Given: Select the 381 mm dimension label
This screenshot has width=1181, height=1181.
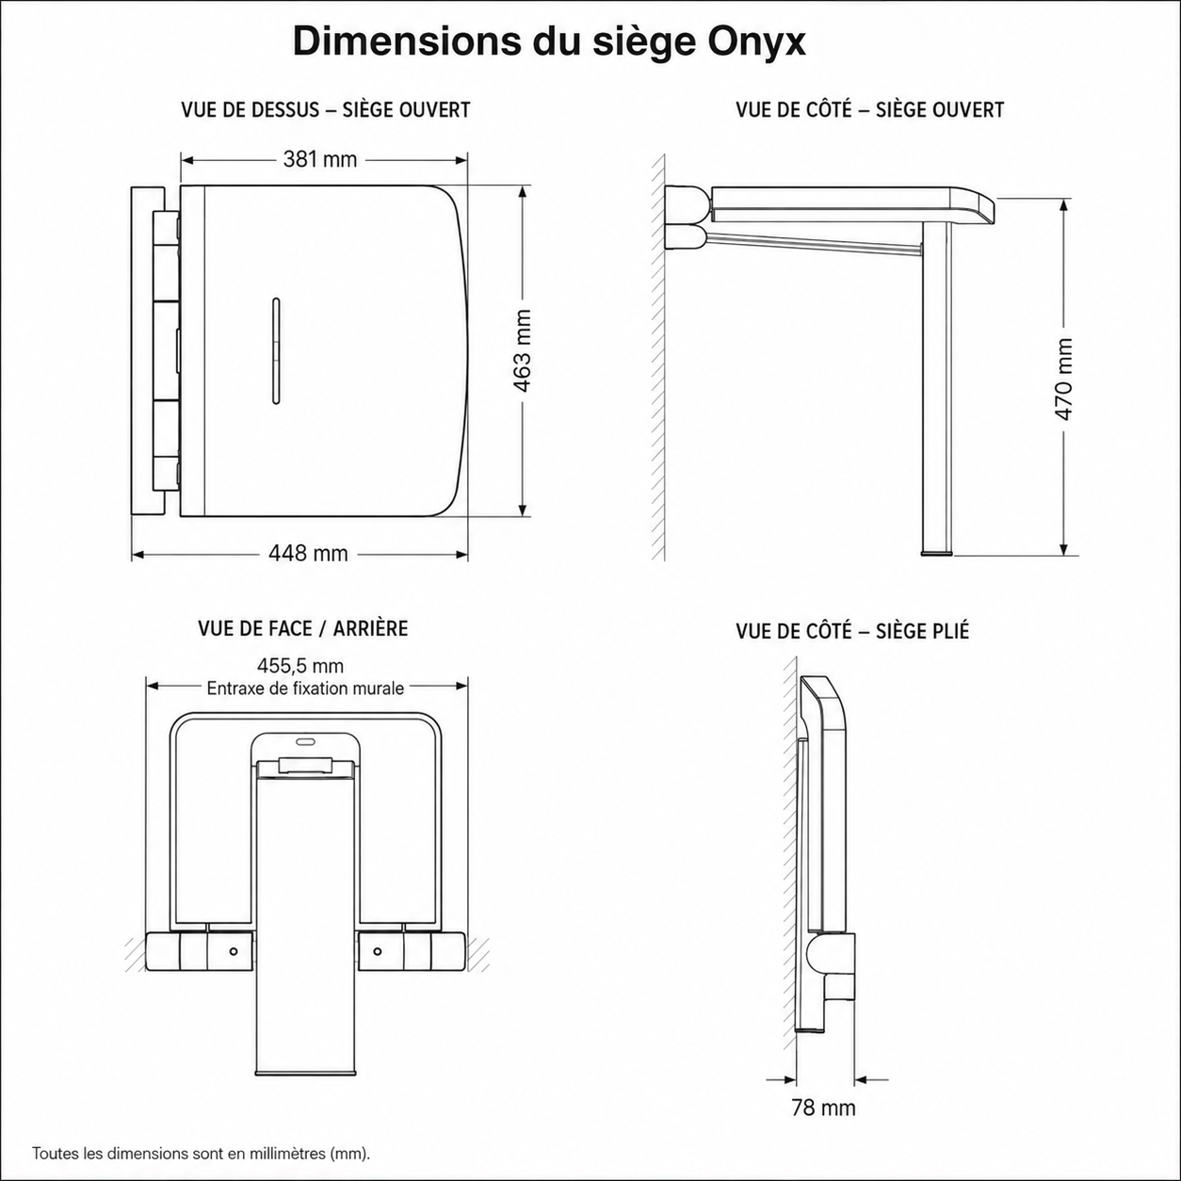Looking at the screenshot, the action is pyautogui.click(x=319, y=159).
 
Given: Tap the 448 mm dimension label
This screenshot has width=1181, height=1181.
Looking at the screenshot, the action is pyautogui.click(x=308, y=554).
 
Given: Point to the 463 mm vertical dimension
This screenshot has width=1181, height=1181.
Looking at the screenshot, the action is pyautogui.click(x=522, y=351).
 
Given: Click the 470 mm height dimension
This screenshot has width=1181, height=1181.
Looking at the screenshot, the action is pyautogui.click(x=1064, y=380).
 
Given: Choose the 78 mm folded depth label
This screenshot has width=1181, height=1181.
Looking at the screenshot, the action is pyautogui.click(x=823, y=1108).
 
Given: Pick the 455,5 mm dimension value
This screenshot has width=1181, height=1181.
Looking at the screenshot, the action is pyautogui.click(x=300, y=666).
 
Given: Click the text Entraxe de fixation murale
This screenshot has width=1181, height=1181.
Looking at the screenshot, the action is pyautogui.click(x=305, y=688).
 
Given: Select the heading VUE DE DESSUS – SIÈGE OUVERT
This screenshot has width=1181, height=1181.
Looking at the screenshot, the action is pyautogui.click(x=326, y=109).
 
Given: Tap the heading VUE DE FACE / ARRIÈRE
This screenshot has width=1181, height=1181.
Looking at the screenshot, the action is pyautogui.click(x=302, y=629).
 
